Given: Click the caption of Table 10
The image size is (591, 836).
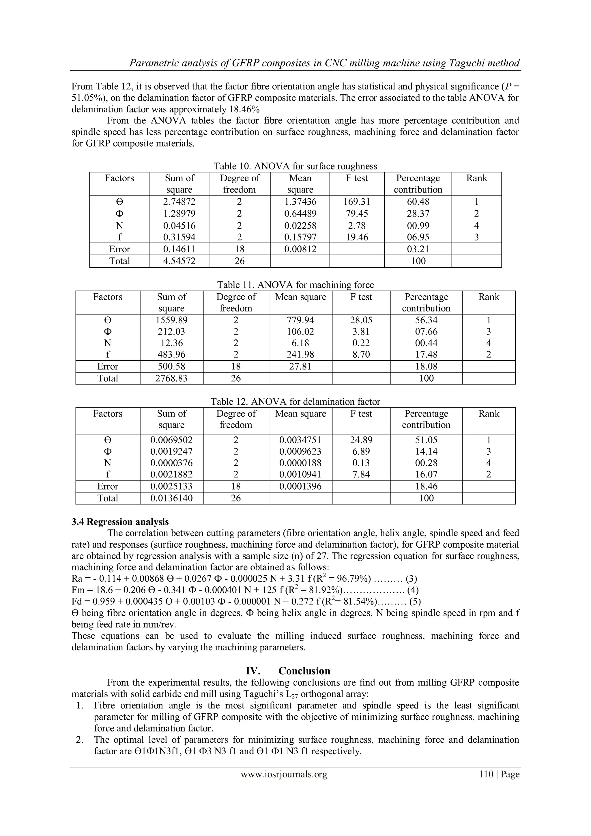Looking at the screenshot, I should click(x=295, y=166).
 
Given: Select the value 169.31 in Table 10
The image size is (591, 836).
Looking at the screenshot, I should click(x=357, y=202).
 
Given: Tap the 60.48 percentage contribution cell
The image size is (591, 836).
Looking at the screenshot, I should click(x=418, y=202).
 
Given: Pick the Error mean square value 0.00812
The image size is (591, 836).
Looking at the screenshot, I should click(x=300, y=249).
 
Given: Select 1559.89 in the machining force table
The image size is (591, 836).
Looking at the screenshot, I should click(x=171, y=320).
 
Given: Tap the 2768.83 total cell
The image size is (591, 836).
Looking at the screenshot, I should click(x=171, y=378).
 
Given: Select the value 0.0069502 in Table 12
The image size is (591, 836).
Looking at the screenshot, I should click(x=171, y=440).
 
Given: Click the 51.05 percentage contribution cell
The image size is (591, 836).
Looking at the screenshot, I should click(x=426, y=440).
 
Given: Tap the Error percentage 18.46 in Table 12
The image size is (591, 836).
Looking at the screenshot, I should click(x=426, y=486).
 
